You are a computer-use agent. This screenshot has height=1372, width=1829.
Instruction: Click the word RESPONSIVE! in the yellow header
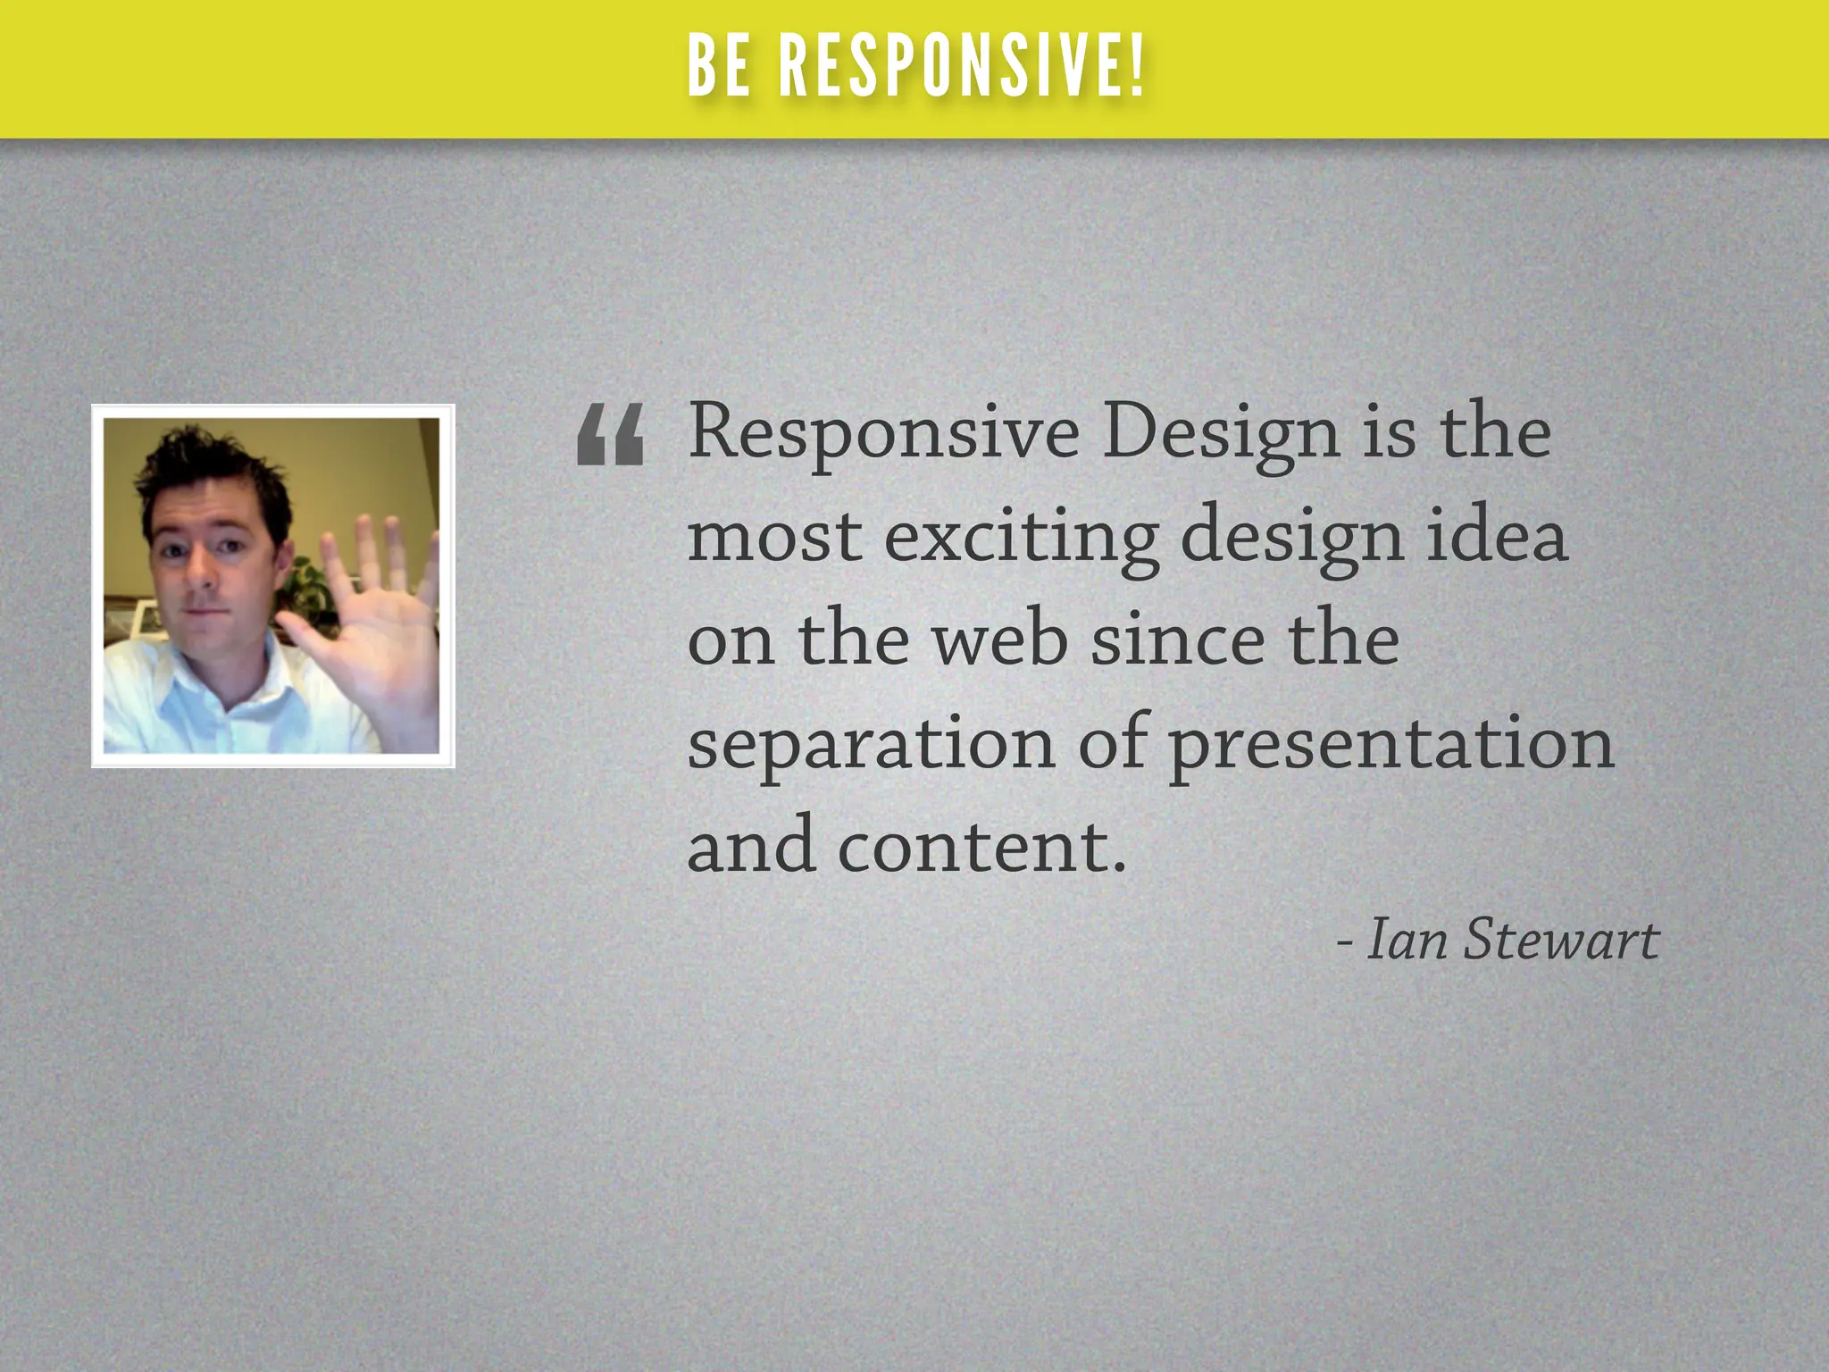coord(961,68)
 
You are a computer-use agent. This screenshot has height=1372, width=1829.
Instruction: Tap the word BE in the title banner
coord(720,68)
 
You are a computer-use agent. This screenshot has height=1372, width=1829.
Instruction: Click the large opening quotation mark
coord(610,435)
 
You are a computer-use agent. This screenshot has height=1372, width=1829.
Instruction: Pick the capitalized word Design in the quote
coord(1220,434)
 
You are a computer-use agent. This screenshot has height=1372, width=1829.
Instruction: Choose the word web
coord(1000,640)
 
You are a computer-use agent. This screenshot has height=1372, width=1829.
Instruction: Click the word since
coord(1178,640)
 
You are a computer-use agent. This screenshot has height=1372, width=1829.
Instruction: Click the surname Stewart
coord(1561,940)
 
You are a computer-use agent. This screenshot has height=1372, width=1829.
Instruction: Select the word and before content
coord(750,847)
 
